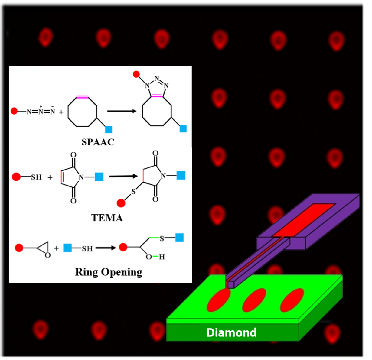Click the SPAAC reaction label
(x=98, y=142)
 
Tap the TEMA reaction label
(x=107, y=218)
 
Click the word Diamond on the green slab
(x=231, y=332)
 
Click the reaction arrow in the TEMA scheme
(x=123, y=176)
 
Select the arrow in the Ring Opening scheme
(x=106, y=248)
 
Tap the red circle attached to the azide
(x=14, y=111)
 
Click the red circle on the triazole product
(x=136, y=74)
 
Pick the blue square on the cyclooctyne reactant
(x=109, y=129)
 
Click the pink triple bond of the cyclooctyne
(x=82, y=97)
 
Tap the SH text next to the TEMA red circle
(x=36, y=177)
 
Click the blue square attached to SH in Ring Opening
(x=67, y=248)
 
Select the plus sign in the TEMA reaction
(x=50, y=177)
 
